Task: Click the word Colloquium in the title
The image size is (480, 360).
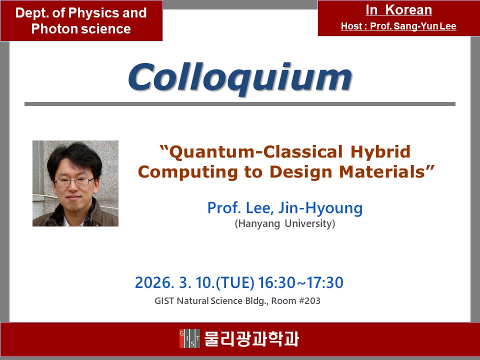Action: tap(240, 78)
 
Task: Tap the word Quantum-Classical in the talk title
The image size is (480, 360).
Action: tap(253, 152)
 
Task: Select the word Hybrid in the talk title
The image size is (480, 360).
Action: tap(380, 152)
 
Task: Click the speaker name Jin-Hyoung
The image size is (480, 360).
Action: tap(320, 208)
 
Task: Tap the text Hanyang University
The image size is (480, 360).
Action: tap(285, 224)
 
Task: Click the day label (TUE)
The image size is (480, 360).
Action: tap(235, 283)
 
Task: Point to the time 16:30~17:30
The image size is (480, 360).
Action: tap(301, 282)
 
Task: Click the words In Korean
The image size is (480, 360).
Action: tap(398, 10)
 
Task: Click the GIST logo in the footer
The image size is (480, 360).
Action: tap(189, 338)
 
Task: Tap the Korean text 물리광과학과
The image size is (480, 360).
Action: tap(251, 338)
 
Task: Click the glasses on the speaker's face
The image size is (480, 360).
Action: tap(74, 182)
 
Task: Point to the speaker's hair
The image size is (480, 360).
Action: tap(75, 159)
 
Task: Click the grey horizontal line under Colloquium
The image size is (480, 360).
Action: tap(240, 104)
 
